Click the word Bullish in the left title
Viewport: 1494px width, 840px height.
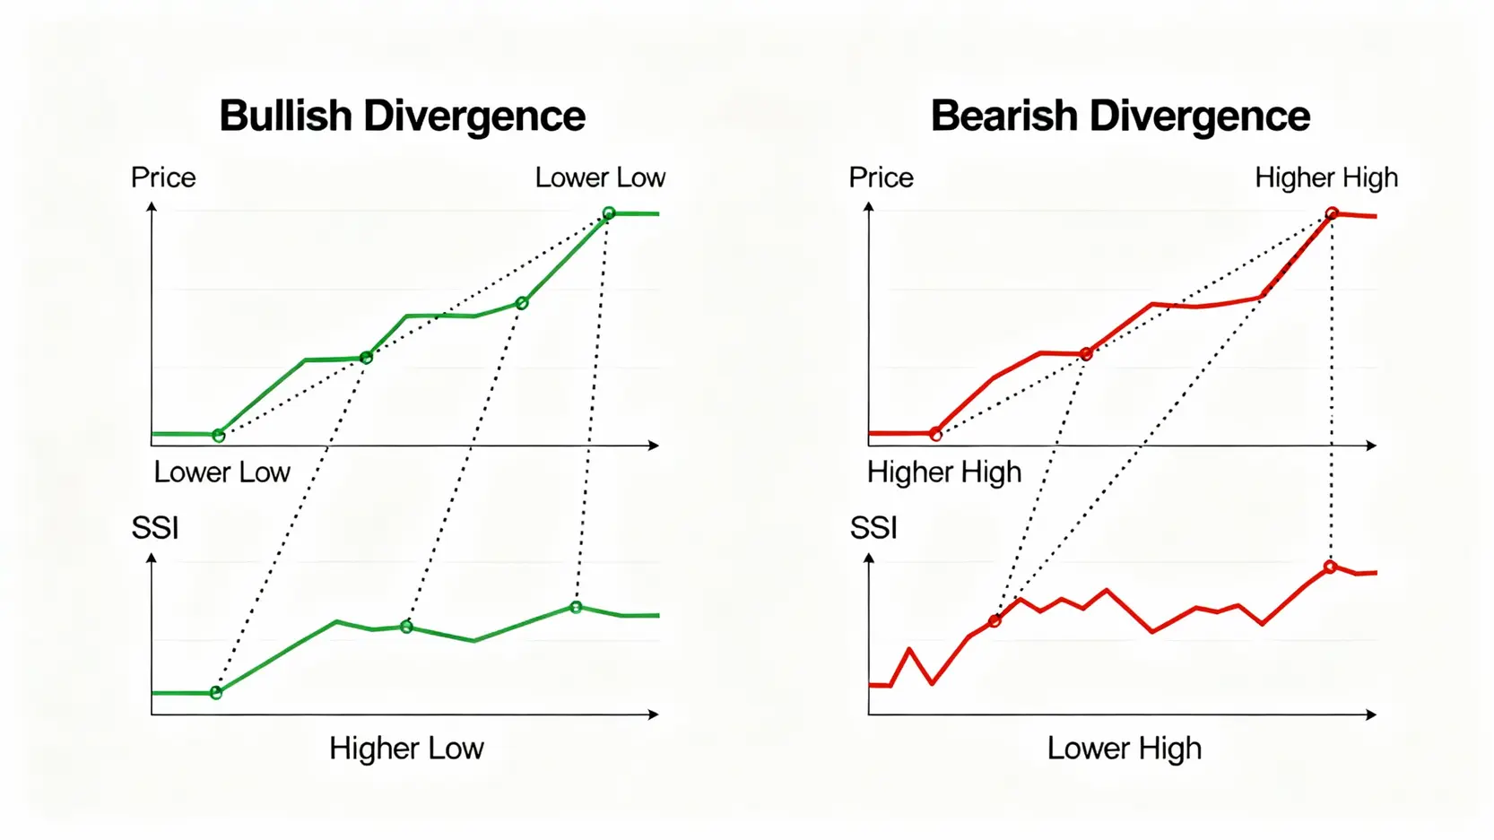(x=285, y=117)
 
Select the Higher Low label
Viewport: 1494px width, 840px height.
(x=406, y=748)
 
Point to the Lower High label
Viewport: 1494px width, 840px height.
(x=1124, y=748)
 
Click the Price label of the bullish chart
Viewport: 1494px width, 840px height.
(x=163, y=178)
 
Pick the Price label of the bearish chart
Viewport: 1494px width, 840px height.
(x=881, y=178)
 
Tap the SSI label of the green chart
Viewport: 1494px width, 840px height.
(x=155, y=528)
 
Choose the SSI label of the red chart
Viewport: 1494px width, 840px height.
(x=873, y=528)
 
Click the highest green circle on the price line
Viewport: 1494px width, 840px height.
(x=609, y=213)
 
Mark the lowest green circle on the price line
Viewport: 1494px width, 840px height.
(x=219, y=436)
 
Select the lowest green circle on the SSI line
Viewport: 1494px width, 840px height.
(x=216, y=693)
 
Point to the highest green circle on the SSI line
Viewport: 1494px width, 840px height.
(x=576, y=607)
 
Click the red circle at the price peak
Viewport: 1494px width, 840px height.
(x=1332, y=213)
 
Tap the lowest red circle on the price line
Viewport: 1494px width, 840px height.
(x=936, y=435)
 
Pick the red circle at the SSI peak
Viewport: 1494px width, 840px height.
(x=1330, y=567)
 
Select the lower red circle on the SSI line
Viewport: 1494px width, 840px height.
(x=995, y=620)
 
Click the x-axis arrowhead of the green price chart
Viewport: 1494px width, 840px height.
(x=655, y=446)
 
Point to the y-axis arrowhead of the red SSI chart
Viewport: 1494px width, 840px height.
(x=869, y=558)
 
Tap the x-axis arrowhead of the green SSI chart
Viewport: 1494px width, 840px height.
(x=655, y=714)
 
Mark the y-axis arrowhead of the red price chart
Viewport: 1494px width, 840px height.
(x=869, y=207)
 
